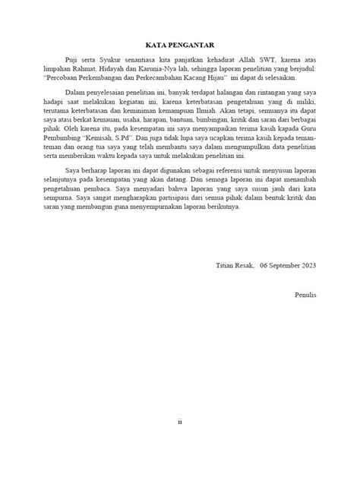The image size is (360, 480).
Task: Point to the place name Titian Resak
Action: pyautogui.click(x=232, y=266)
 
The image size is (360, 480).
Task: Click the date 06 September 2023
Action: pyautogui.click(x=286, y=266)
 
